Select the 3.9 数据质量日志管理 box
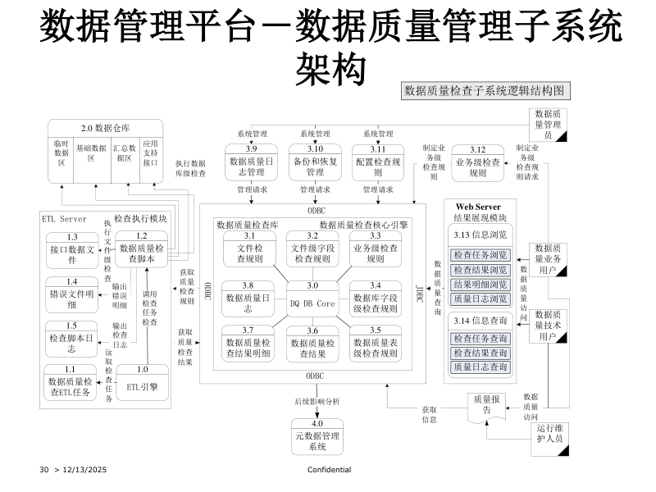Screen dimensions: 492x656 tap(251, 162)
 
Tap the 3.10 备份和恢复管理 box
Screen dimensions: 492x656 tap(315, 162)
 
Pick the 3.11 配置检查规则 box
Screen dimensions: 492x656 tap(378, 162)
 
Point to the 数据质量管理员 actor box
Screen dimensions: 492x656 tap(548, 125)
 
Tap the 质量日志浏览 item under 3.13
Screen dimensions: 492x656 tap(481, 298)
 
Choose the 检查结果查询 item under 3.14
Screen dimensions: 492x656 tap(481, 353)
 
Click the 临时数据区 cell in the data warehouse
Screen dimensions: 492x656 tap(61, 153)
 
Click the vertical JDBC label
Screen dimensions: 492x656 tap(419, 294)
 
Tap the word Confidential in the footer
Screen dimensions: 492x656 tap(329, 469)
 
